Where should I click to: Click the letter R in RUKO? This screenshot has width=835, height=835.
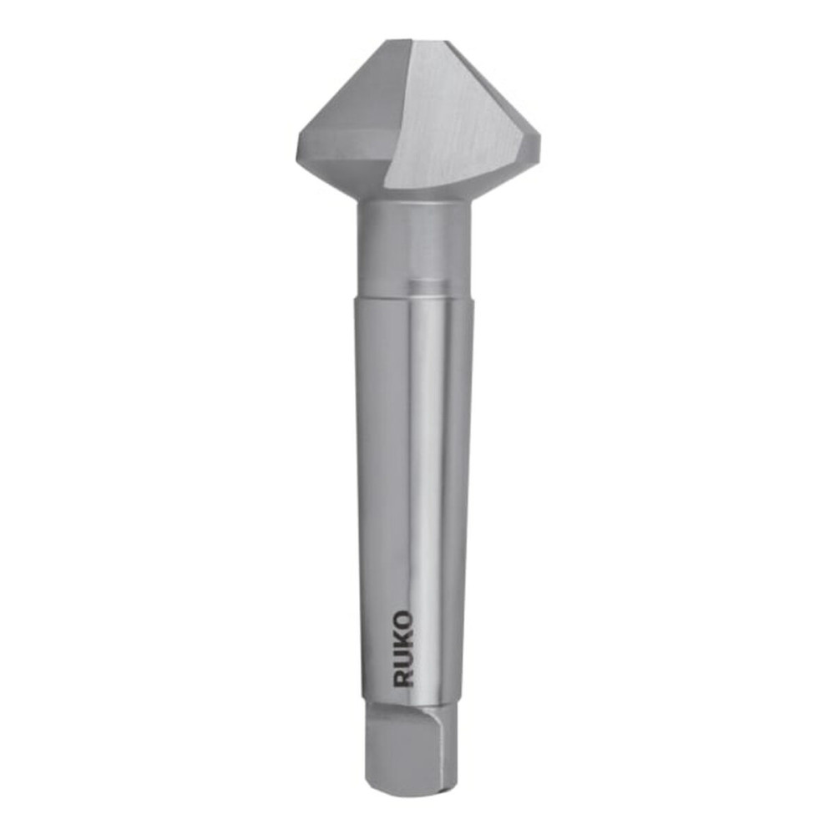click(x=403, y=676)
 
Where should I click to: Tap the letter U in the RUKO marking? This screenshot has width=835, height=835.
click(x=403, y=658)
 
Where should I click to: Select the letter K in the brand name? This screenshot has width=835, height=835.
click(x=403, y=640)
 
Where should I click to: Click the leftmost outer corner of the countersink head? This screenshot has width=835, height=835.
click(x=298, y=150)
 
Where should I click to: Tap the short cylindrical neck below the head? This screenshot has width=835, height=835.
click(x=413, y=242)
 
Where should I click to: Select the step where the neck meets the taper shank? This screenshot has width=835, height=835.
click(x=413, y=296)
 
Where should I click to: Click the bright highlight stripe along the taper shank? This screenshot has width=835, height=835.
click(x=426, y=459)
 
